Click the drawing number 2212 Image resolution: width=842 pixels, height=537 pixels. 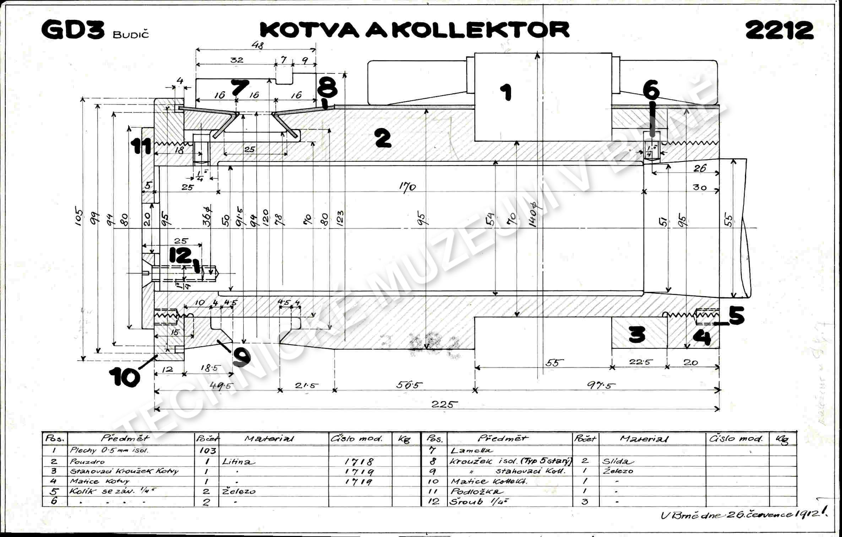click(779, 30)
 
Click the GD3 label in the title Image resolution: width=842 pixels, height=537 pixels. click(73, 30)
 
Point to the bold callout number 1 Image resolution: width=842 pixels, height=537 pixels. click(506, 92)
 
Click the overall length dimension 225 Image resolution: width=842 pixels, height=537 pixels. click(444, 404)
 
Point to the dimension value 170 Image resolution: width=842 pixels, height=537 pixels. click(407, 186)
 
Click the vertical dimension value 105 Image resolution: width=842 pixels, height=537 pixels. click(79, 217)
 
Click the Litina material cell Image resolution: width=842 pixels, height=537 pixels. click(239, 462)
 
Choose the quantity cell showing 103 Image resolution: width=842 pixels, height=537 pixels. click(208, 451)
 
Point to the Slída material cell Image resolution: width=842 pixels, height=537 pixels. click(618, 462)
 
